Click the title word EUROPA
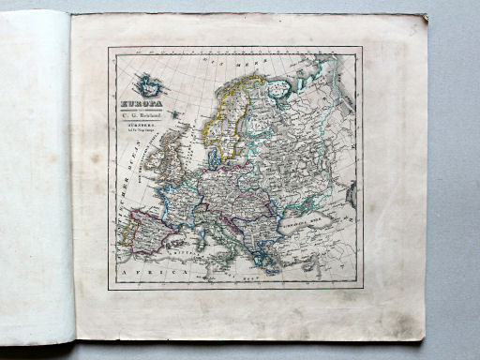(x=142, y=104)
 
